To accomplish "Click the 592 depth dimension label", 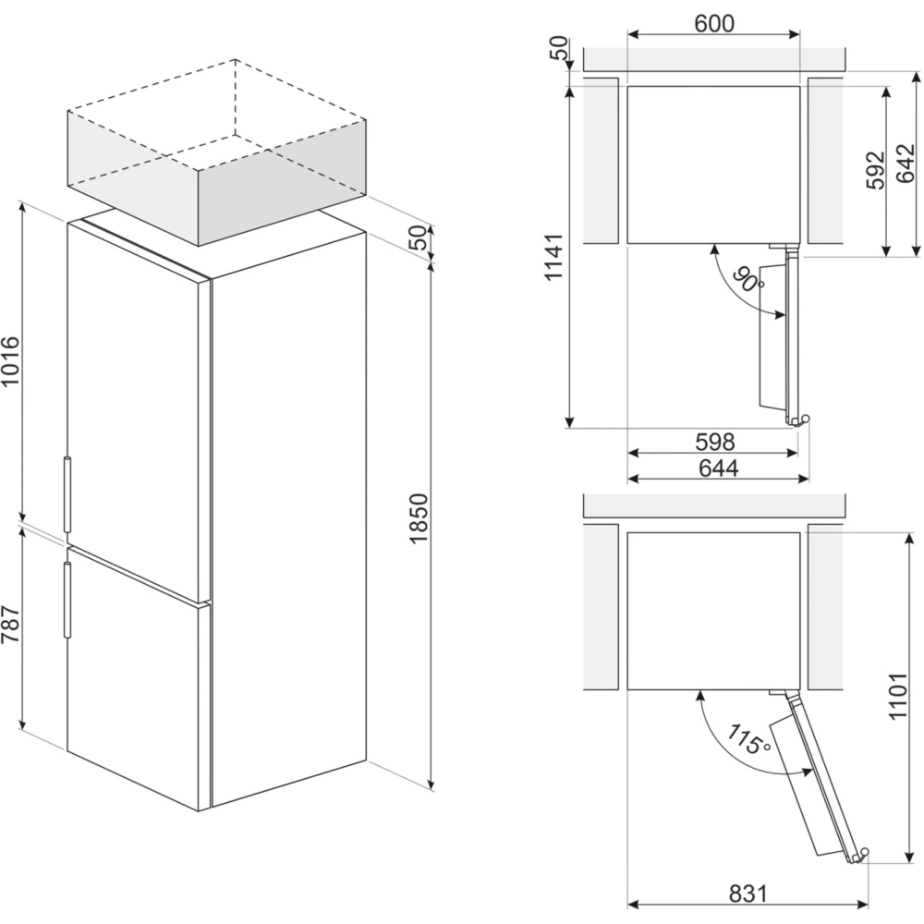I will [875, 170].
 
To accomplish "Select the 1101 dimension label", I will [907, 697].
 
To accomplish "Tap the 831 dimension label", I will [748, 894].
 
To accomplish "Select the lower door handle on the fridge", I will [67, 599].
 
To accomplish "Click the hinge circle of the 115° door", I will [866, 855].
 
